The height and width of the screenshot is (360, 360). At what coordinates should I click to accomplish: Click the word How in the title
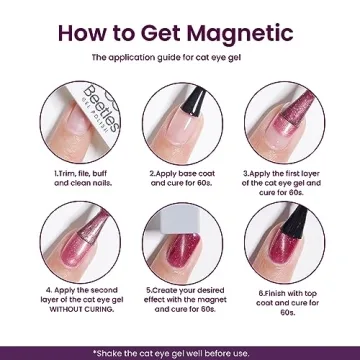[x=88, y=30]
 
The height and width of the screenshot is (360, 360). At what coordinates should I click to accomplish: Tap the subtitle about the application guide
[x=180, y=60]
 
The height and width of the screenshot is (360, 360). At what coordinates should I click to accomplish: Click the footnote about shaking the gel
[x=180, y=352]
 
